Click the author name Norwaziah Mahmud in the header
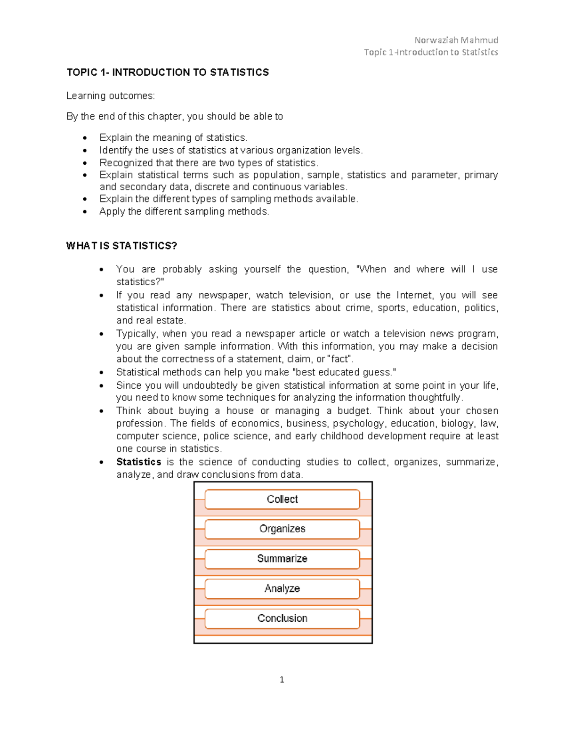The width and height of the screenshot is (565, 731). (456, 40)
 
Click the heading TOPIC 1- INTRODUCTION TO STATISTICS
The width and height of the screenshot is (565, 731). (168, 72)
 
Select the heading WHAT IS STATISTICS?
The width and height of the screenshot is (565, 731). (121, 246)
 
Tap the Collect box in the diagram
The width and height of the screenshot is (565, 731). (282, 499)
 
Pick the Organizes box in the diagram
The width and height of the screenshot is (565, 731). (282, 529)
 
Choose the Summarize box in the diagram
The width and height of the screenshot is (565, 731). (282, 559)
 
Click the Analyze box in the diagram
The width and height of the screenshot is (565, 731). (282, 588)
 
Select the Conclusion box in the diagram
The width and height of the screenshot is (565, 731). (282, 619)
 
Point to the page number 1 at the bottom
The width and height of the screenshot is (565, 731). (282, 680)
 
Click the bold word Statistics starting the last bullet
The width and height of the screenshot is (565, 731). (138, 462)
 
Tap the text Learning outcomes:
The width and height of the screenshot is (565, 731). (110, 96)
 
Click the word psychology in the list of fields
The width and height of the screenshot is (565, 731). (359, 424)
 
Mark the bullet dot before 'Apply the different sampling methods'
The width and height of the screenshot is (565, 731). (85, 212)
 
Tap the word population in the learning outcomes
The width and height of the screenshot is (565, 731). (277, 175)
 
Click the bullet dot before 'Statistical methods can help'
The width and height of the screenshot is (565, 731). (102, 372)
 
